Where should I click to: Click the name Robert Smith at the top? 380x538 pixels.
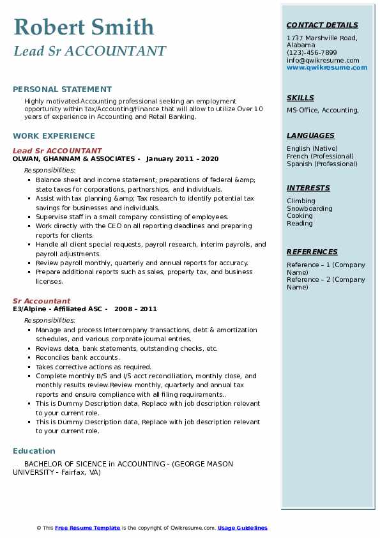click(84, 27)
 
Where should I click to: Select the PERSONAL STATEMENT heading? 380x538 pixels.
click(62, 89)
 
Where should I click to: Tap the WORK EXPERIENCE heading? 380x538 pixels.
click(54, 135)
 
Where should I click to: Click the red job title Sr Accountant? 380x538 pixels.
click(42, 301)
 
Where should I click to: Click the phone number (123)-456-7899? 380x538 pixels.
click(312, 53)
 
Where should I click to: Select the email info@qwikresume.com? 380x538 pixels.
click(323, 60)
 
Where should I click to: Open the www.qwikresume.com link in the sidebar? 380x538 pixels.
click(327, 68)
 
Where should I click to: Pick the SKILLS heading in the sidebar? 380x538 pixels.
click(300, 98)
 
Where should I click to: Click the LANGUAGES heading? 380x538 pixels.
click(310, 135)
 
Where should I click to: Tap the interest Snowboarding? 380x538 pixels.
click(310, 208)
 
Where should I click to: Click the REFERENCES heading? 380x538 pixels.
click(312, 252)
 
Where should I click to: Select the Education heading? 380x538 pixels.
click(34, 450)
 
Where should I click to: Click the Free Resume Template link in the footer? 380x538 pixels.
click(87, 528)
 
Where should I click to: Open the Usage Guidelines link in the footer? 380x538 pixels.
click(242, 528)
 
